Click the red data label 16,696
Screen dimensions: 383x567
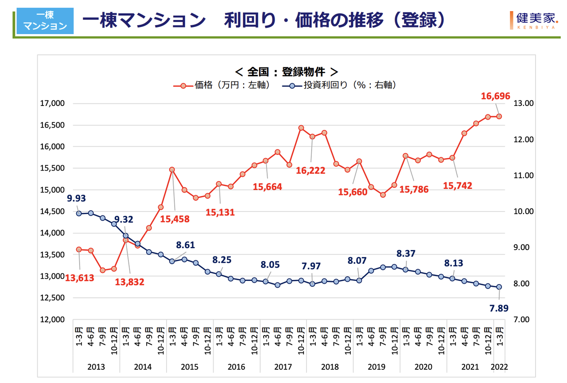pos(496,96)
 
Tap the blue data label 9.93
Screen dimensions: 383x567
pos(77,198)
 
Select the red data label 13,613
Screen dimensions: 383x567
pos(80,278)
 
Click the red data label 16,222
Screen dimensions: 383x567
pos(311,171)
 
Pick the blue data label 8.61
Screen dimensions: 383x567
pos(185,245)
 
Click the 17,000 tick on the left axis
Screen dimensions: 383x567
pos(52,104)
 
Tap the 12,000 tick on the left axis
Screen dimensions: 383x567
pos(52,320)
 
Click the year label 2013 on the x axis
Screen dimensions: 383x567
pos(96,367)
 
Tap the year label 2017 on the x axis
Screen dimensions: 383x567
pos(283,367)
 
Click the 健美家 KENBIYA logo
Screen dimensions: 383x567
pos(537,20)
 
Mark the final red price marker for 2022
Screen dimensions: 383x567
pos(499,117)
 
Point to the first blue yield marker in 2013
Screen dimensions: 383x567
pos(79,213)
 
